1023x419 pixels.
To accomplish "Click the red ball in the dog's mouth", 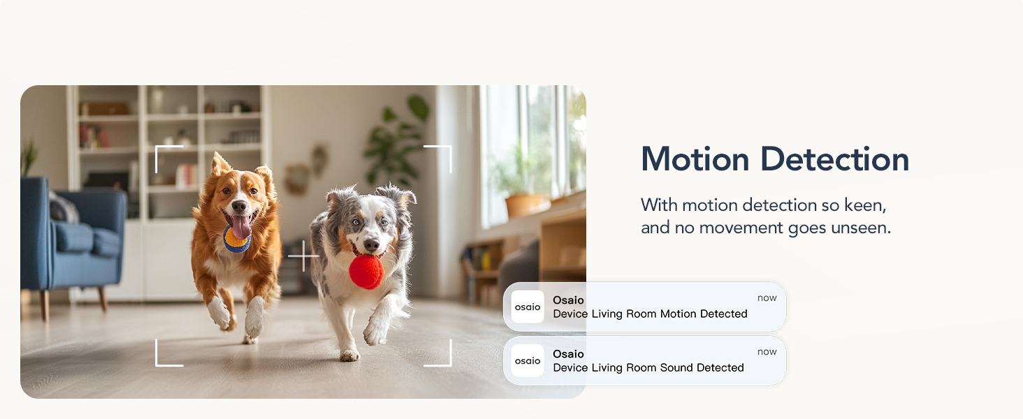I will pyautogui.click(x=366, y=272).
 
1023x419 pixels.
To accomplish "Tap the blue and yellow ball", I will pyautogui.click(x=236, y=241).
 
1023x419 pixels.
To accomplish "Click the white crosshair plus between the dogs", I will pyautogui.click(x=303, y=256).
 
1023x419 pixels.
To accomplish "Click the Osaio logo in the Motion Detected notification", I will pyautogui.click(x=528, y=307).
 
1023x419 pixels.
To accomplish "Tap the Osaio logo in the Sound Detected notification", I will pyautogui.click(x=528, y=360).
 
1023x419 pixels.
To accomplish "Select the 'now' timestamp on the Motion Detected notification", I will pyautogui.click(x=767, y=298).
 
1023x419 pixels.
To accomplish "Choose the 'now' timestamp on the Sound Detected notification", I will pyautogui.click(x=767, y=352).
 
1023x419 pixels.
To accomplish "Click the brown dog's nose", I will pyautogui.click(x=238, y=207).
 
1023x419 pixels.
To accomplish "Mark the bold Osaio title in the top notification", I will pyautogui.click(x=568, y=300).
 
